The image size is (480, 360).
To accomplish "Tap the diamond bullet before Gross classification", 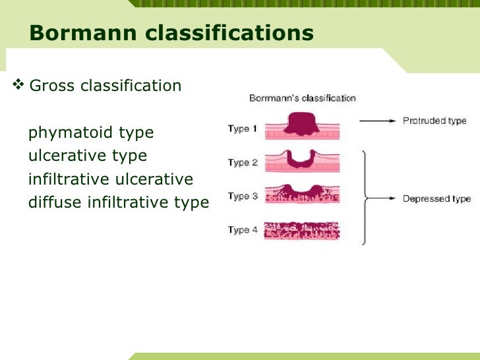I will coord(18,84).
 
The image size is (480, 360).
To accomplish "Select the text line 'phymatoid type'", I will coord(91,133).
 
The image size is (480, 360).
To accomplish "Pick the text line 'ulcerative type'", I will coord(88,156).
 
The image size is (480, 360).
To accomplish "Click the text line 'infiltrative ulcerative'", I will coord(111,179).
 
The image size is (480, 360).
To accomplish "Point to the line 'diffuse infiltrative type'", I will coord(119,202).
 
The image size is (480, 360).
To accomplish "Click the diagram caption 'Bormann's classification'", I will coord(302,98).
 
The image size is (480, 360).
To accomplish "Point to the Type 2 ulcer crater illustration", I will coord(302,160).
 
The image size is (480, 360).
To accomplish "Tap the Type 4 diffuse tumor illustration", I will coord(302,230).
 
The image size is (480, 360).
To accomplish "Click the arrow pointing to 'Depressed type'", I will coord(382,198).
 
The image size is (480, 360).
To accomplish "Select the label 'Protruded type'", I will coord(435,121).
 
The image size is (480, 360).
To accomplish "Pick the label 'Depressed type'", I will coord(436,198).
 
